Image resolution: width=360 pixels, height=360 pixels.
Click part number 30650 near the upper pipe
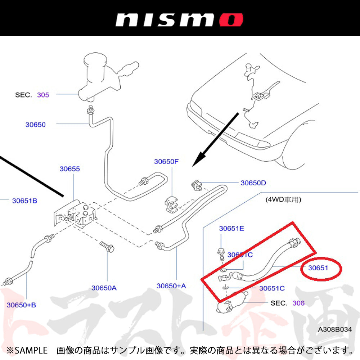pos(35,125)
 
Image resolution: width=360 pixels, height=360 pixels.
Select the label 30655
pos(70,168)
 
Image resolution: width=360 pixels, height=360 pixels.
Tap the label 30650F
pos(166,162)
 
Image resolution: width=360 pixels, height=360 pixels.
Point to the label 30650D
pos(253,183)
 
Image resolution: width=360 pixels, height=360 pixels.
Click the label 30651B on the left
pos(24,201)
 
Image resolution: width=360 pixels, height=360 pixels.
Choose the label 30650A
pos(104,288)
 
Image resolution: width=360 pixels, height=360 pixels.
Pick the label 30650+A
pos(171,286)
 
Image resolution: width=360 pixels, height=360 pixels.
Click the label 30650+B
pos(21,305)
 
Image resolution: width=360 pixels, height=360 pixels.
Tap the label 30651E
pos(231,228)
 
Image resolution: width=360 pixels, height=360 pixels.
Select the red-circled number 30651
pos(319,268)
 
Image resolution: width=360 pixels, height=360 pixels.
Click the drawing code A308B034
pos(334,329)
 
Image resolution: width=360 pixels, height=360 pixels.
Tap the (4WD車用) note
pos(283,199)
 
